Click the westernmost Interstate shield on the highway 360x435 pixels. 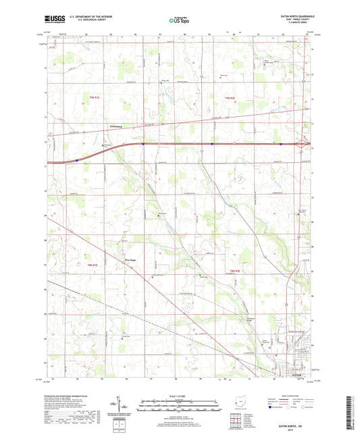click(x=78, y=160)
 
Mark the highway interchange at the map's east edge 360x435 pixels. click(x=307, y=145)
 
